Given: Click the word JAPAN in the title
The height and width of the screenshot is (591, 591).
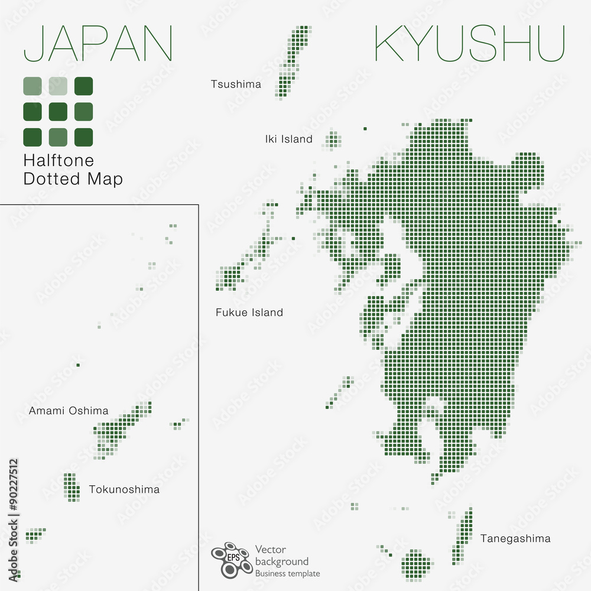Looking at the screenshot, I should click(98, 44).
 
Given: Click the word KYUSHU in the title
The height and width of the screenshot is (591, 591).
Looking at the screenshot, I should click(470, 44).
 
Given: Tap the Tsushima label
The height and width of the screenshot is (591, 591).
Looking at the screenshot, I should click(236, 85).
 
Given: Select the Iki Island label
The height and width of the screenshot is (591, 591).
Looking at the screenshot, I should click(288, 139).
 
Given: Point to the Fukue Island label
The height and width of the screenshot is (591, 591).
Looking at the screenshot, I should click(249, 313).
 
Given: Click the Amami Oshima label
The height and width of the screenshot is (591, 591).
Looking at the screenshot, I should click(69, 411).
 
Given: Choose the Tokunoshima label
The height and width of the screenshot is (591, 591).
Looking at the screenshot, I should click(124, 489).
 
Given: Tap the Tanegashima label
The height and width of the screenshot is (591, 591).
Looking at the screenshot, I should click(515, 538).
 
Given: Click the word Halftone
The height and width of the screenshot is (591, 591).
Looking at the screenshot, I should click(59, 160).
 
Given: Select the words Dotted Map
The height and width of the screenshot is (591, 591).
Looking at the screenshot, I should click(73, 179).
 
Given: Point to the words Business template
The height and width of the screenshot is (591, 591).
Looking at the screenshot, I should click(287, 574).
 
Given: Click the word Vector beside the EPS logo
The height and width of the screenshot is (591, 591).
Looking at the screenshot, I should click(271, 550).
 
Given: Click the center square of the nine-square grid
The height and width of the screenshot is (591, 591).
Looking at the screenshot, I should click(58, 111).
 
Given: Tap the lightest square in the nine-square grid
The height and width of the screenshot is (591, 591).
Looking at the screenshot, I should click(58, 86).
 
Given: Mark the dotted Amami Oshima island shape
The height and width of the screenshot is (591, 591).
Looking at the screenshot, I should click(121, 428).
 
